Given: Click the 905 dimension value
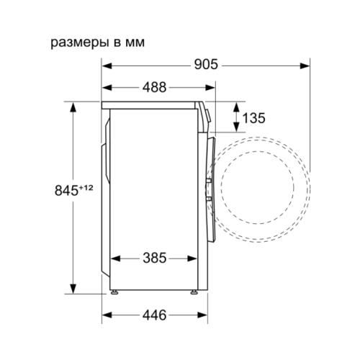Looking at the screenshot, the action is [206, 64].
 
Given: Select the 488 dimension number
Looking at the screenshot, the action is [154, 87].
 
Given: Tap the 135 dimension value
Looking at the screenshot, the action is [254, 118].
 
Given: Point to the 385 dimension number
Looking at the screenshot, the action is [155, 258].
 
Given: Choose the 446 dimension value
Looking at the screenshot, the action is [154, 315].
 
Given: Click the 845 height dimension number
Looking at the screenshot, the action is [66, 191].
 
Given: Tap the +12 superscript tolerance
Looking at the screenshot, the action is [86, 188].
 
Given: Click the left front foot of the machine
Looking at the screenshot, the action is [114, 292].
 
